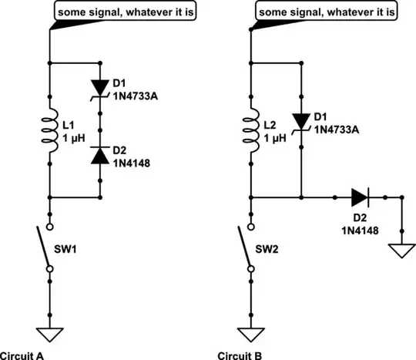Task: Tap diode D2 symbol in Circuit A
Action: click(101, 153)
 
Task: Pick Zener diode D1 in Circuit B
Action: click(300, 120)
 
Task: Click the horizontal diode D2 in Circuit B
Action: click(360, 197)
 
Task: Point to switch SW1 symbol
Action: click(49, 247)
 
